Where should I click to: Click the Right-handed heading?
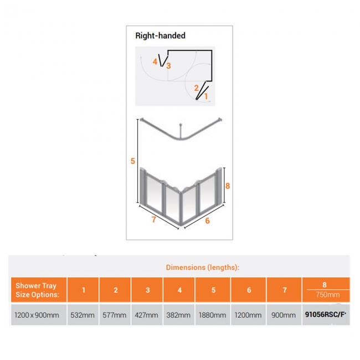pyautogui.click(x=160, y=35)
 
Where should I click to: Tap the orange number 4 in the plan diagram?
pyautogui.click(x=155, y=61)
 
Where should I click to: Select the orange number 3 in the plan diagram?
pyautogui.click(x=168, y=66)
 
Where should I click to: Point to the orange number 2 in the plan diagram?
pyautogui.click(x=196, y=88)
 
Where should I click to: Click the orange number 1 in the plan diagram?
pyautogui.click(x=206, y=96)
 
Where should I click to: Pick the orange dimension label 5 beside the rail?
pyautogui.click(x=133, y=161)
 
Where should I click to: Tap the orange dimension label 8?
pyautogui.click(x=228, y=186)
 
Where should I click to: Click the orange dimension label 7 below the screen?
pyautogui.click(x=154, y=219)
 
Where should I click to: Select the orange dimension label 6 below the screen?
pyautogui.click(x=207, y=220)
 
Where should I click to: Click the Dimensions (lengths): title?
pyautogui.click(x=203, y=268)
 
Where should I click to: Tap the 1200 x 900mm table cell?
pyautogui.click(x=37, y=315)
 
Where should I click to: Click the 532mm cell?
pyautogui.click(x=83, y=315)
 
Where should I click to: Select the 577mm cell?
pyautogui.click(x=114, y=315)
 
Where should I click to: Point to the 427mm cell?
pyautogui.click(x=146, y=315)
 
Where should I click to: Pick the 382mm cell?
pyautogui.click(x=178, y=315)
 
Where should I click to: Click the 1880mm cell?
pyautogui.click(x=212, y=315)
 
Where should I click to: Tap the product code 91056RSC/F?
pyautogui.click(x=325, y=315)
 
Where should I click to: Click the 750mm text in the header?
pyautogui.click(x=328, y=295)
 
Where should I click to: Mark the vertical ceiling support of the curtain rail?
pyautogui.click(x=181, y=131)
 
